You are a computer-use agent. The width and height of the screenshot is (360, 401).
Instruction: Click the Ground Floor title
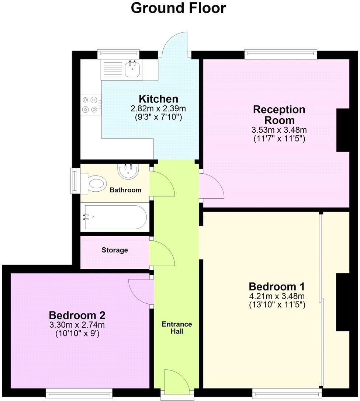point(178,8)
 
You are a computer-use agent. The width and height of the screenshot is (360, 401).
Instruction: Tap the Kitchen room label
point(158,99)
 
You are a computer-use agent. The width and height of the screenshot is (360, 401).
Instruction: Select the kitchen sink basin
point(132,69)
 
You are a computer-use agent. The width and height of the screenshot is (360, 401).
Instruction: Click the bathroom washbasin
point(128,171)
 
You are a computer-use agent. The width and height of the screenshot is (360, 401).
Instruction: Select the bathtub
point(115,217)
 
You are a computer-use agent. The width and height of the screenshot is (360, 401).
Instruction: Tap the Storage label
point(115,250)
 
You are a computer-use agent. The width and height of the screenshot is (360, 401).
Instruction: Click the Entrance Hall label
point(177,328)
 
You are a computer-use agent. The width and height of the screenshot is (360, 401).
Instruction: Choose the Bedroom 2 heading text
point(77,315)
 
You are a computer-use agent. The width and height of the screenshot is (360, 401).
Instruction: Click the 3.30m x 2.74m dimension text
point(77,325)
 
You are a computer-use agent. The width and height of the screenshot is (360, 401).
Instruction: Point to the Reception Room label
point(279,115)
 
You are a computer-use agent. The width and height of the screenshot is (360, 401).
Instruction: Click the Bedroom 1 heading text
point(277,286)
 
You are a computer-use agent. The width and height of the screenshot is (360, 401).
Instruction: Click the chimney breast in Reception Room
point(343,130)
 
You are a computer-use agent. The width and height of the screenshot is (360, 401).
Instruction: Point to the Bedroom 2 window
point(79,393)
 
